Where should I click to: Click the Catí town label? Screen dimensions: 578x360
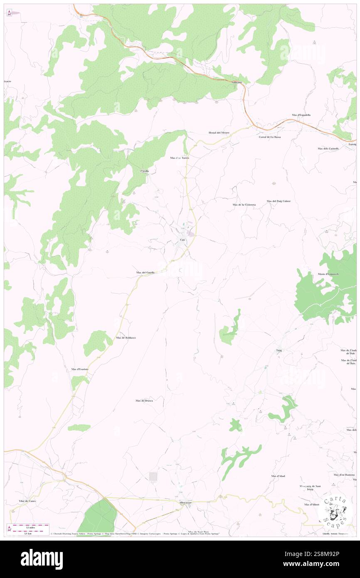(182, 240)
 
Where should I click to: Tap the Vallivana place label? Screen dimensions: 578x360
(237, 82)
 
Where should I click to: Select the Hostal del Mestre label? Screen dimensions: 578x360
(219, 133)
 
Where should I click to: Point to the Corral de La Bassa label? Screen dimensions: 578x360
(270, 137)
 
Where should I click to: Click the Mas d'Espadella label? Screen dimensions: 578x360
(301, 115)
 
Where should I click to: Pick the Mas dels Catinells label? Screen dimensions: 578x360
(328, 148)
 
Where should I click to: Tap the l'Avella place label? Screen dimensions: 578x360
(145, 171)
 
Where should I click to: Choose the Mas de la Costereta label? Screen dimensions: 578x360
(244, 205)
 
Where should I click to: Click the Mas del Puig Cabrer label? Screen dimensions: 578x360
(279, 201)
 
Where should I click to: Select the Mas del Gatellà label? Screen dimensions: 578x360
(145, 272)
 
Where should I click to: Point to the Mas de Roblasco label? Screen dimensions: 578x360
(126, 338)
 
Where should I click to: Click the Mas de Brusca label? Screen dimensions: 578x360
(144, 400)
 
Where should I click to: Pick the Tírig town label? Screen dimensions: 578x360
(279, 351)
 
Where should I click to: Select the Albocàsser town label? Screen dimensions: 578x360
(185, 502)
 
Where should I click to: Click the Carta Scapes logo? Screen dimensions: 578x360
(334, 509)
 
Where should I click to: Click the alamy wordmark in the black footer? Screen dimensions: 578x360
(42, 559)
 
